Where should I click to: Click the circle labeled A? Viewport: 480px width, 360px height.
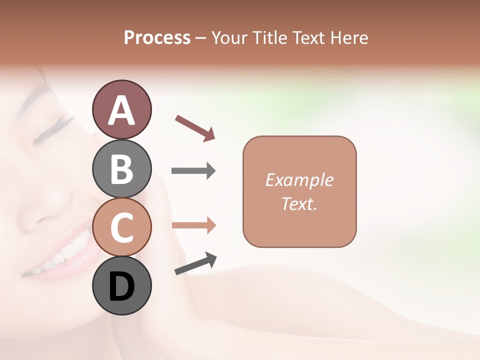click(121, 109)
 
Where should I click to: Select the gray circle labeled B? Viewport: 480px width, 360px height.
click(121, 168)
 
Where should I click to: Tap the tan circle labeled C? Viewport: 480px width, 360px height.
click(121, 227)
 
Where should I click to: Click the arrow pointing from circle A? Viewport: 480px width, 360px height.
click(194, 127)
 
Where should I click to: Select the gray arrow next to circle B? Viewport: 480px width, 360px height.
click(193, 171)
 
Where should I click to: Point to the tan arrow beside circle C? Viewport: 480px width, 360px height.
click(193, 225)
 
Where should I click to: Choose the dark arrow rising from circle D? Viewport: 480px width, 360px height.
click(195, 264)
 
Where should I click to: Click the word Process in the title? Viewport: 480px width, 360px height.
click(157, 38)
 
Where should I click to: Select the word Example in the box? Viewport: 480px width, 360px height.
click(299, 180)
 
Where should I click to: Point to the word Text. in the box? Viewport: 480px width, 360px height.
click(299, 203)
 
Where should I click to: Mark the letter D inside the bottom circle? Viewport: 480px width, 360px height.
click(121, 286)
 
